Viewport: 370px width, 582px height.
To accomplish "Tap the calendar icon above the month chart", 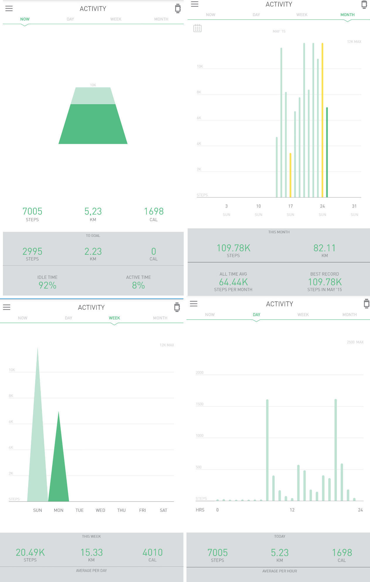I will point(197,28).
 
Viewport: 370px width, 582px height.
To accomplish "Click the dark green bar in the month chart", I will point(327,153).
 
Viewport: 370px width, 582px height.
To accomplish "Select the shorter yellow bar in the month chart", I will point(290,175).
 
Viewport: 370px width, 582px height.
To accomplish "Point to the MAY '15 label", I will point(279,31).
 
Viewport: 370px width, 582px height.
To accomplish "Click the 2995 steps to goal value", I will point(32,252).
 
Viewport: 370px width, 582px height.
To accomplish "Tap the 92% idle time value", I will point(47,285).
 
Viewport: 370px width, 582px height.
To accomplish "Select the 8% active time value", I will point(138,285).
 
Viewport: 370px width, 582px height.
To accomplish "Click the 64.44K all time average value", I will point(233,282).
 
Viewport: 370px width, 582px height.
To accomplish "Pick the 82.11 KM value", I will point(324,248).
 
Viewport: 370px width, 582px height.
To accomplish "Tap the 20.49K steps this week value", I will point(30,552).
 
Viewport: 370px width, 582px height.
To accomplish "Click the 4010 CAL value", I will point(152,552).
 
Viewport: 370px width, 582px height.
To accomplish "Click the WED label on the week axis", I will point(100,510).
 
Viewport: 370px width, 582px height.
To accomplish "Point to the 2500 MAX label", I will point(355,342).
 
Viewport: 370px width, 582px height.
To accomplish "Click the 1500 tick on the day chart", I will point(200,404).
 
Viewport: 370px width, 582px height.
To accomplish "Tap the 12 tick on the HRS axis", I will point(292,510).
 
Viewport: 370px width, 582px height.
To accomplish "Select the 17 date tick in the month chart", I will point(290,206).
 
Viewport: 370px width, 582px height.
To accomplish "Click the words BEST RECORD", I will point(325,274).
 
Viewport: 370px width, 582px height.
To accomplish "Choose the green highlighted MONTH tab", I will point(347,15).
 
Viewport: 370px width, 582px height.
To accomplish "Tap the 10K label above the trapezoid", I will point(93,85).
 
